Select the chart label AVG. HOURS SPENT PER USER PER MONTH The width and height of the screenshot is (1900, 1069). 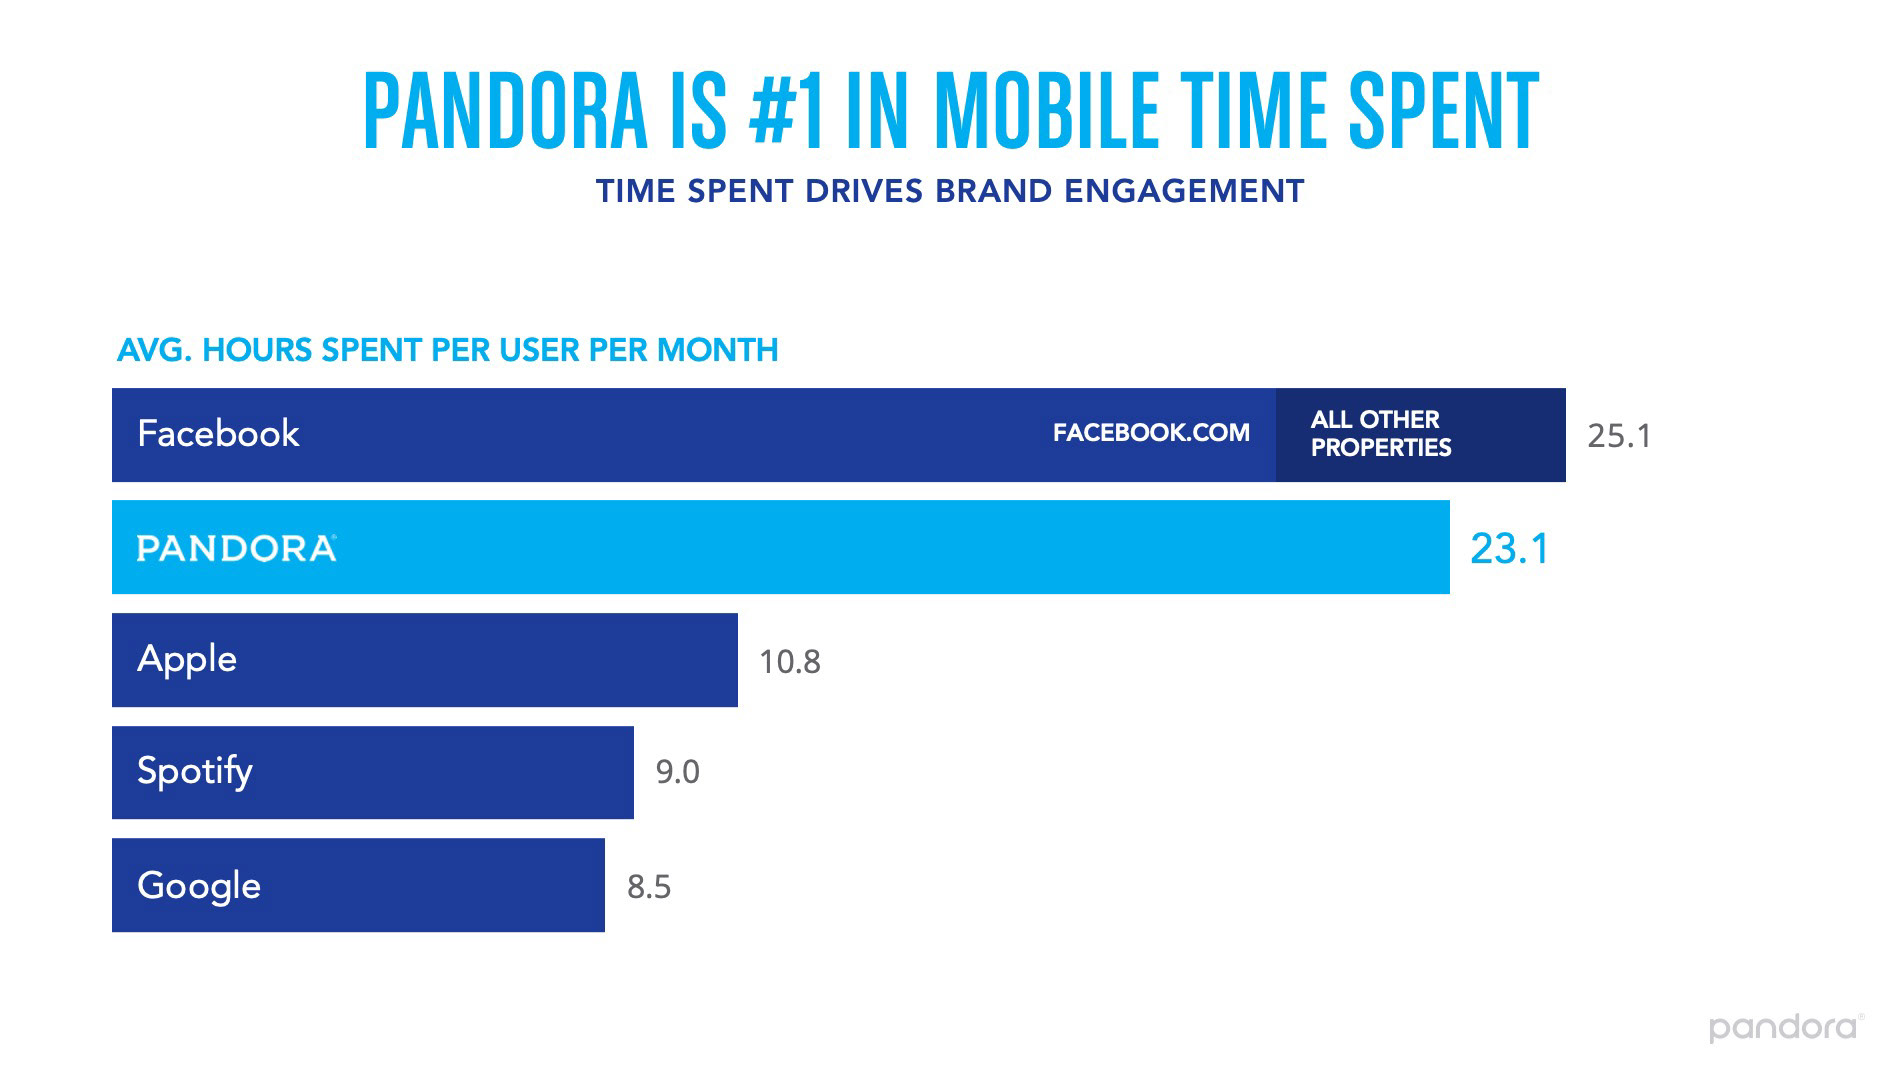[x=447, y=350]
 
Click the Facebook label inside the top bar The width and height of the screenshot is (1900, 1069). [x=218, y=434]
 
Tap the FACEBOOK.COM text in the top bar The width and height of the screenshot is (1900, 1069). [x=1151, y=433]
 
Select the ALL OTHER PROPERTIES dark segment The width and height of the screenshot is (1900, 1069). [x=1420, y=434]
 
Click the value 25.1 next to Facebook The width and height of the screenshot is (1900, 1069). [x=1619, y=436]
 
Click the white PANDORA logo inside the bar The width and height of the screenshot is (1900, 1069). [x=236, y=548]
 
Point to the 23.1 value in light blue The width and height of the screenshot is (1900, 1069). [x=1509, y=549]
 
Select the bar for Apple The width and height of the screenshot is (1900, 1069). [x=425, y=660]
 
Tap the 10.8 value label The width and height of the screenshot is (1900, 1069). [x=790, y=662]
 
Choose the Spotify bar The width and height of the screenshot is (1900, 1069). [x=372, y=772]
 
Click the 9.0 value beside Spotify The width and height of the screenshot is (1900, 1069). [x=677, y=772]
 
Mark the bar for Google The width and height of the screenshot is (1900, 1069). [x=358, y=885]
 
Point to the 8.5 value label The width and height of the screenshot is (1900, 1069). [x=649, y=887]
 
